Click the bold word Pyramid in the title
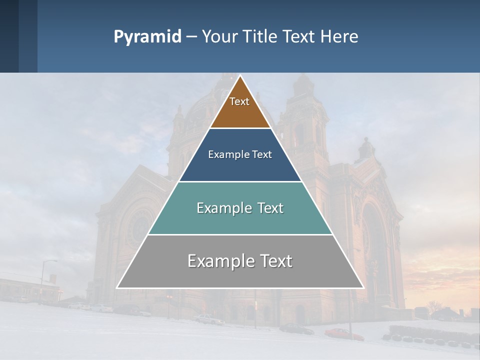[147, 36]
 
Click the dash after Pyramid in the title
[191, 37]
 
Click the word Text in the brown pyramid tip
[239, 101]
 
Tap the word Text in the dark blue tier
[262, 154]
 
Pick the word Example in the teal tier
[223, 208]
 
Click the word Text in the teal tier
[268, 208]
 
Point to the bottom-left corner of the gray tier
[117, 288]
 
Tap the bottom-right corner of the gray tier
[363, 288]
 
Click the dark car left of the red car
[296, 328]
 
